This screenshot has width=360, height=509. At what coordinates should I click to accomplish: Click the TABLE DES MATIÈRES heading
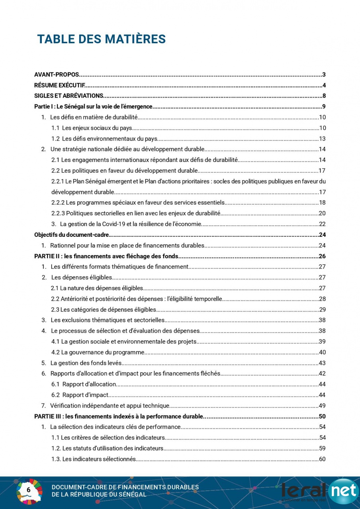coord(101,39)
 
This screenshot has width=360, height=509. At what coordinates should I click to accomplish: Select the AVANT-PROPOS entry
coord(57,74)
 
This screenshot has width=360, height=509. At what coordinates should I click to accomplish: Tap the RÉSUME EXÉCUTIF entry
coord(59,85)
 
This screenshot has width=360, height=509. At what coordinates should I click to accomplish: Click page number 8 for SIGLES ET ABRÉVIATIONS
coord(324,96)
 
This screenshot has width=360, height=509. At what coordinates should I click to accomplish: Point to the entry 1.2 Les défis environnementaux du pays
coord(104,139)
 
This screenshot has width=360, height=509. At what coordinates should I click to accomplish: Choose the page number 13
coord(322,139)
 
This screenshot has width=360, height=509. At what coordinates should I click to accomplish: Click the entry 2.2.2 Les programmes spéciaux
coord(138,203)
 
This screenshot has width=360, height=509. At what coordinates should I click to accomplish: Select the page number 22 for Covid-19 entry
coord(322,224)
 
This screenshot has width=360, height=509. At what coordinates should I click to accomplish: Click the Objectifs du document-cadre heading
coord(72,235)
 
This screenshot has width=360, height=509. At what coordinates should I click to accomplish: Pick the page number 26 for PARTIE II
coord(322,256)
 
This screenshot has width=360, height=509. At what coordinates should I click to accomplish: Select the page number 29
coord(322,310)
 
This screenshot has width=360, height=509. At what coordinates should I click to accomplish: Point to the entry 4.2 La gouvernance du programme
coord(98,352)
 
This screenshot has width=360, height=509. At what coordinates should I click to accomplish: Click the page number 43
coord(322,363)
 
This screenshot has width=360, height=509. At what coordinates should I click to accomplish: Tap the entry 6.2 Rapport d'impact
coord(80,395)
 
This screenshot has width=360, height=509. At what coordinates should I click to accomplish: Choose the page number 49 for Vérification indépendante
coord(322,406)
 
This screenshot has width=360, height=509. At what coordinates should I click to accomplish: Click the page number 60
coord(322,459)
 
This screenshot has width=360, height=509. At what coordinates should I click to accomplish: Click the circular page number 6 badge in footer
coord(29,490)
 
